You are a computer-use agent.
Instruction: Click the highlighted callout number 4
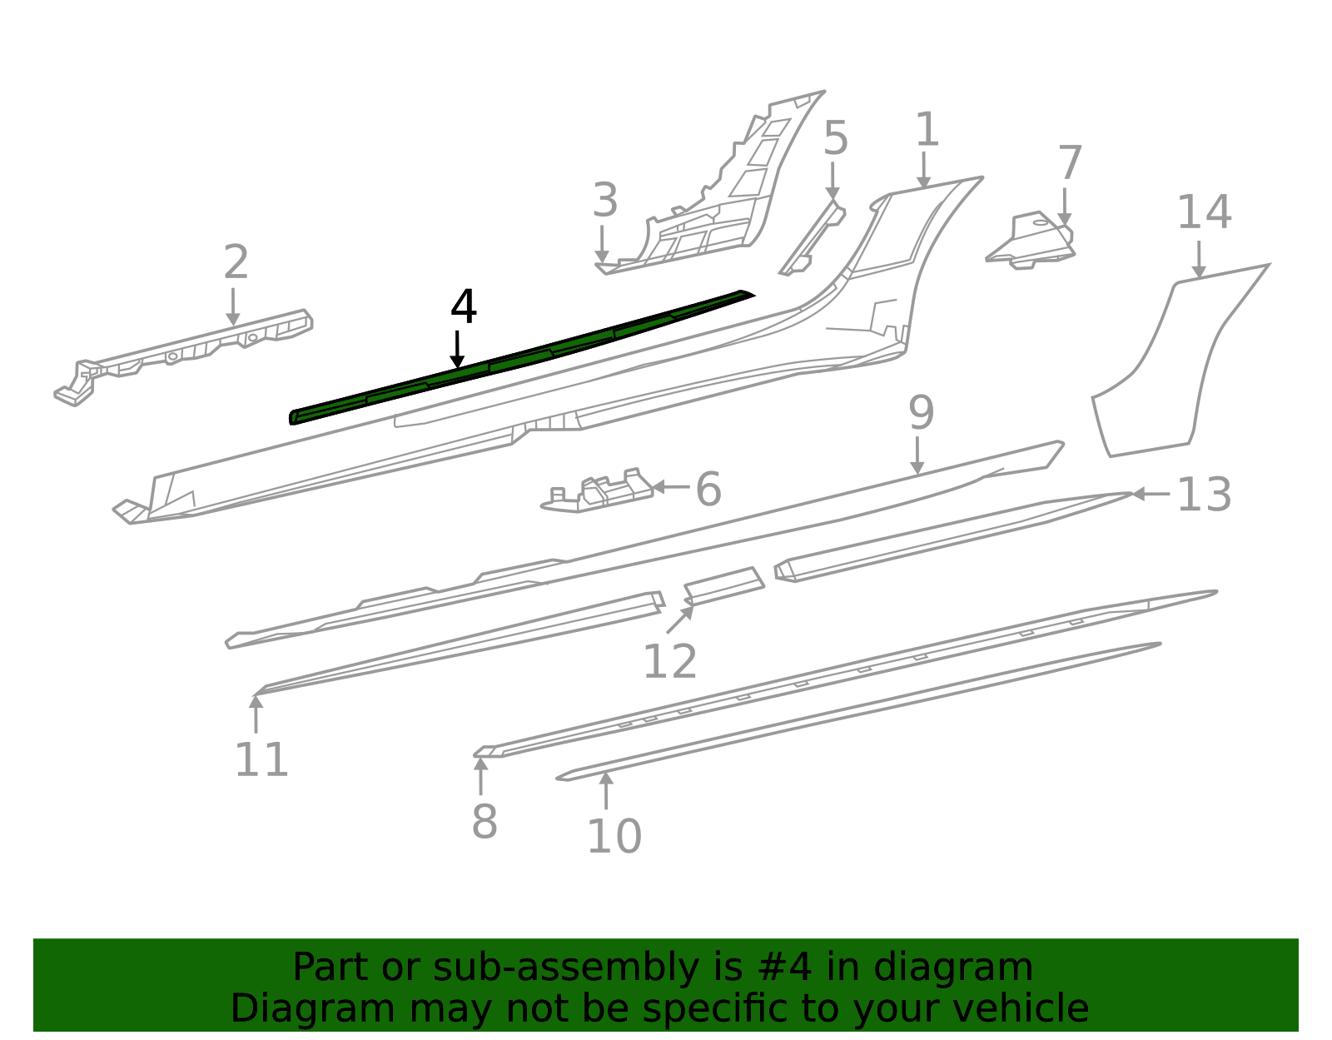464,307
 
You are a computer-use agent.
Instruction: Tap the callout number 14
1204,212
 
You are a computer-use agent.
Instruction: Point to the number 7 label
1070,163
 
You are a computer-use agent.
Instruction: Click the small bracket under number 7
1032,241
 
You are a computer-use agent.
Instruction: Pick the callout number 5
835,138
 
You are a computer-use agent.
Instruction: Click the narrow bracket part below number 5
812,241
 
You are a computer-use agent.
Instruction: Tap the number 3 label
605,201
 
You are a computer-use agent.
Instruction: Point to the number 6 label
708,490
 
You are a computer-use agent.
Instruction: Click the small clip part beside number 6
599,493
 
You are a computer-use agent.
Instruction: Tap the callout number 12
670,662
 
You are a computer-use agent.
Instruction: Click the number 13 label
1204,495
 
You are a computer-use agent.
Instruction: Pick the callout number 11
261,759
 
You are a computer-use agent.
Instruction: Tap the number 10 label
614,836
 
